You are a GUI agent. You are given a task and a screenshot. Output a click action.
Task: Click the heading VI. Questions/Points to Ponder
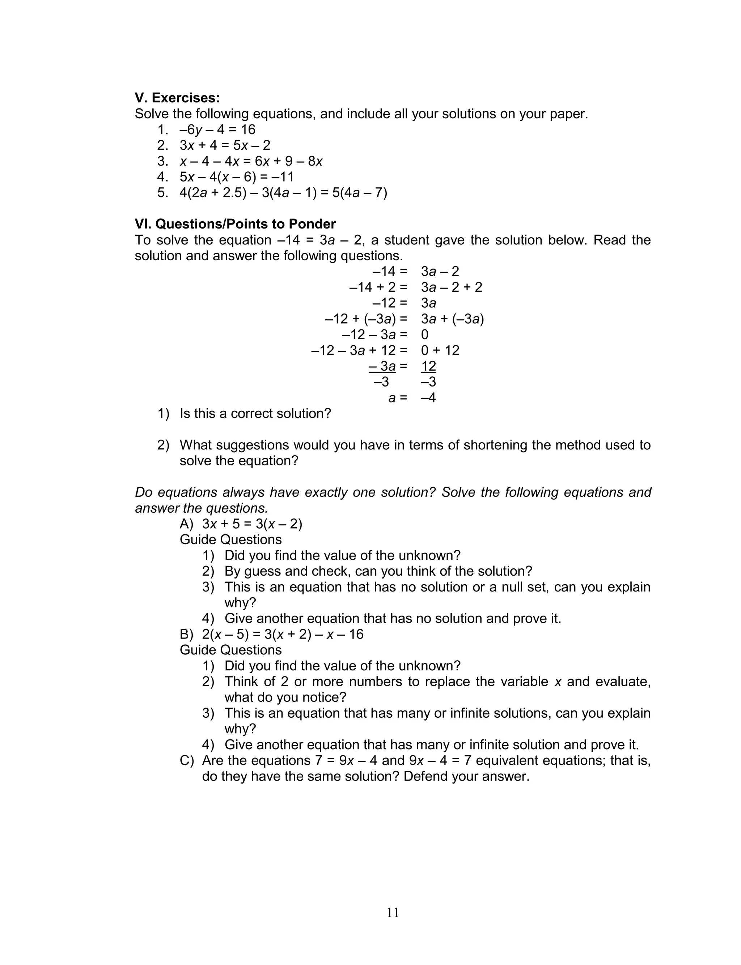235,224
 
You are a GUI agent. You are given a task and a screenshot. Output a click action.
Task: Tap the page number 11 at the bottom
393,913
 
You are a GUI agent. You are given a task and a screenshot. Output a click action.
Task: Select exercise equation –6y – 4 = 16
217,129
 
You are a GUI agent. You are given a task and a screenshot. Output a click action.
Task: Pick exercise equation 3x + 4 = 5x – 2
225,145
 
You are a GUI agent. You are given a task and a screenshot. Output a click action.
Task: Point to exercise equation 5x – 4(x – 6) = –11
236,177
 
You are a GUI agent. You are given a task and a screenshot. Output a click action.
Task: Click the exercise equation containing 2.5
283,193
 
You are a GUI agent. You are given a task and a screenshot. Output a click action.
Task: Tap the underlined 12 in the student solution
428,366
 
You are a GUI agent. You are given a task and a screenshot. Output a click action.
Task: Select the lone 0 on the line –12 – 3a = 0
425,334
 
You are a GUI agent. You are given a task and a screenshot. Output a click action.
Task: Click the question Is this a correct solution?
255,414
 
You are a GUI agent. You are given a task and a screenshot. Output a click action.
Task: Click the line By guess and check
378,572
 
